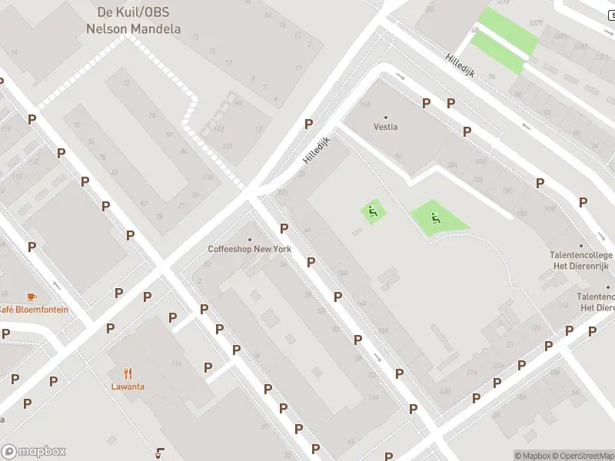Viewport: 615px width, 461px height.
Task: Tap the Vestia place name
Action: click(386, 127)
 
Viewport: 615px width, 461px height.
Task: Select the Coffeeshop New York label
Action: click(250, 249)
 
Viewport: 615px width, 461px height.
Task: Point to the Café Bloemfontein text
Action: click(32, 310)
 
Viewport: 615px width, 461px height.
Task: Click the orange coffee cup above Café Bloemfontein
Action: click(32, 296)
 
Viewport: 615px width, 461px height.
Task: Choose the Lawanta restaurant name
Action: click(128, 386)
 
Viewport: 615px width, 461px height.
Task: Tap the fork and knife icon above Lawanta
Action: click(128, 373)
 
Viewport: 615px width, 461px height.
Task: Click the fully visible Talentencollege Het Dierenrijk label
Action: click(580, 260)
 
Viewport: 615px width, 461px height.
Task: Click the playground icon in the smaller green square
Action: click(373, 211)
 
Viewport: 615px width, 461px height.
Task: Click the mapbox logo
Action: click(33, 452)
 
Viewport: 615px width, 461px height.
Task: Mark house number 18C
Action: click(507, 190)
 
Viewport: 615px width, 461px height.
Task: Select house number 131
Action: click(227, 146)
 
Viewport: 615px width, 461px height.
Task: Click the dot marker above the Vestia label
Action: click(386, 117)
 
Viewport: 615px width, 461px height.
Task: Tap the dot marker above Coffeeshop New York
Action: click(250, 239)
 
